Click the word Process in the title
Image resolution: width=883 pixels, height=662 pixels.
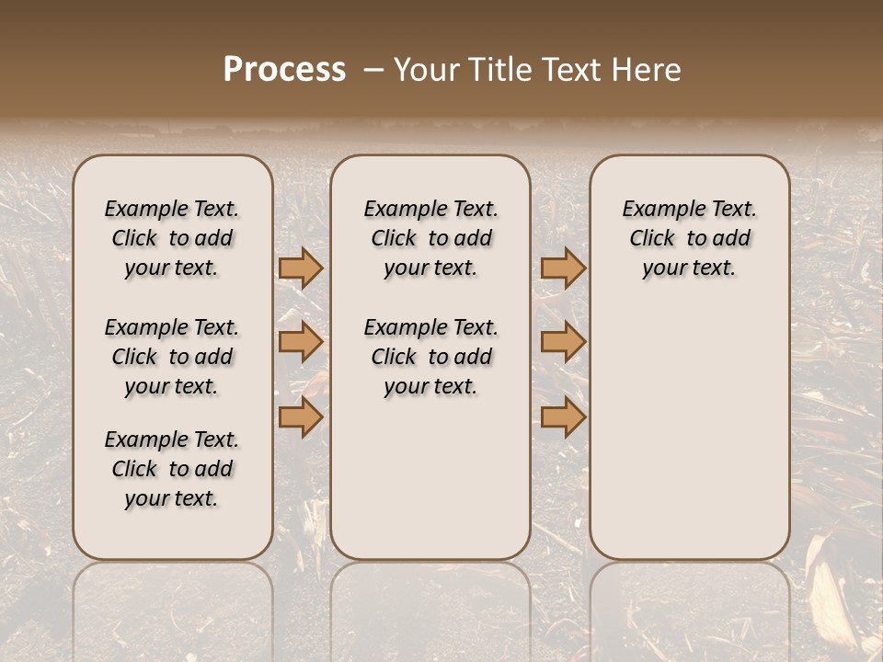click(x=284, y=70)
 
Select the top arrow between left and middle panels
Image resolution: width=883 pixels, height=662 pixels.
click(x=301, y=268)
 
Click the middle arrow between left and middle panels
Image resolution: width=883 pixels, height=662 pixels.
click(x=301, y=342)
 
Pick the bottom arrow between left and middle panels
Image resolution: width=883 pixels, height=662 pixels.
click(x=301, y=417)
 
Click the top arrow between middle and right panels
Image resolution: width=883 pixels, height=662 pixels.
click(x=563, y=268)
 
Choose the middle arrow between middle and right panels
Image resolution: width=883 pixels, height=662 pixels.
click(x=563, y=342)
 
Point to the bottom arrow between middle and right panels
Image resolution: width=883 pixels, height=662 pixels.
click(x=563, y=417)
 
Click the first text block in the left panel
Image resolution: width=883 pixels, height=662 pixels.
click(x=172, y=238)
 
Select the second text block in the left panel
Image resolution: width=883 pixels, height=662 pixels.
click(x=172, y=357)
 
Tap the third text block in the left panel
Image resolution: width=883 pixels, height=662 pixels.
click(x=172, y=469)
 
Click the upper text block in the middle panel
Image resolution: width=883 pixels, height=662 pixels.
click(x=430, y=238)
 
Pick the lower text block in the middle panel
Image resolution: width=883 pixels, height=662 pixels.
click(x=430, y=357)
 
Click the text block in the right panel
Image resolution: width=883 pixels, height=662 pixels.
click(x=689, y=238)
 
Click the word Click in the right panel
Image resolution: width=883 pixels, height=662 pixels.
click(x=652, y=239)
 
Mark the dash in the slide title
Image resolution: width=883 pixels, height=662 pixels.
click(x=373, y=70)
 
